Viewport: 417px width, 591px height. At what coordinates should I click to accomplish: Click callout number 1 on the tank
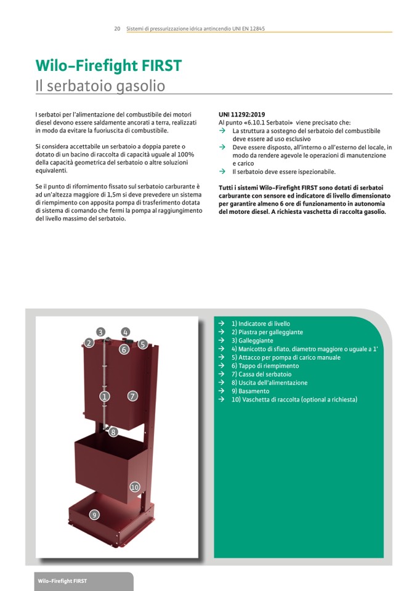point(105,396)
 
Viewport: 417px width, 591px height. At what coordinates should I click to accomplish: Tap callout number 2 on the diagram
point(89,343)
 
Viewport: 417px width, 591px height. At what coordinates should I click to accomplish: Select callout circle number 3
point(101,332)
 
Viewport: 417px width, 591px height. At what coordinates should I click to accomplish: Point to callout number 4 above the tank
point(126,332)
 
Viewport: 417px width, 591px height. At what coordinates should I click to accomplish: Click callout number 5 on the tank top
point(142,344)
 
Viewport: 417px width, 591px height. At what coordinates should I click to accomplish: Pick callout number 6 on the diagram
point(124,349)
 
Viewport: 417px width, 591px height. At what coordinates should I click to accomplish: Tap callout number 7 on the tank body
point(132,396)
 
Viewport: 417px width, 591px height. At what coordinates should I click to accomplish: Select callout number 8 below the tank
point(113,433)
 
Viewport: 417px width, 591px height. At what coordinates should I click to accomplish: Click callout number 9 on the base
point(94,515)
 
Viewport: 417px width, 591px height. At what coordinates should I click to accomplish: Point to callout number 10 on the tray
point(135,487)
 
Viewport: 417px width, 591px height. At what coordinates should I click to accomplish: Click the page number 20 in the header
point(117,29)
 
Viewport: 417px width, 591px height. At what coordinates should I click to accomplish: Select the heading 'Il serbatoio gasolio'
point(100,86)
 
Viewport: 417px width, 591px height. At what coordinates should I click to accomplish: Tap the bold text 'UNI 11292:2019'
point(241,115)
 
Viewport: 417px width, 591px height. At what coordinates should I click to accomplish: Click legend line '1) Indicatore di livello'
point(261,324)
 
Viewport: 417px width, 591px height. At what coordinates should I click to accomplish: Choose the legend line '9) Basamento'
point(250,391)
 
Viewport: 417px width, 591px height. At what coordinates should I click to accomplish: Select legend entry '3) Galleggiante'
point(252,341)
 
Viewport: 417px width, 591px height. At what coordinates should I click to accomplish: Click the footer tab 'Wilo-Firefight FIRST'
point(62,581)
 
